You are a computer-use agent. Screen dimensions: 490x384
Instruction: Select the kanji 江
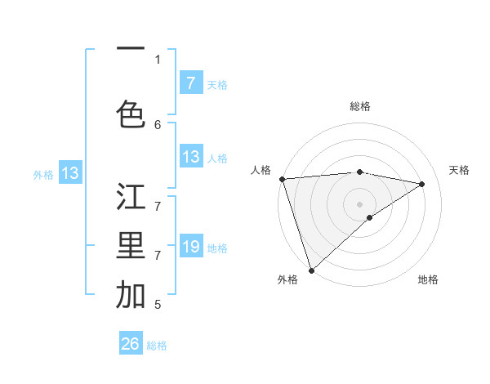131,197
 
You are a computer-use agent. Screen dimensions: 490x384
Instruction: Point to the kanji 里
131,246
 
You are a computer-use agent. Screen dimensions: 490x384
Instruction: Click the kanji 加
131,295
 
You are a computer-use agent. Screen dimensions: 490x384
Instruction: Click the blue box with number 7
190,83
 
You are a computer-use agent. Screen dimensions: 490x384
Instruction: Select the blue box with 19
190,247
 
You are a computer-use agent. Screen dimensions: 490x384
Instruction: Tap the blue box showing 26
131,344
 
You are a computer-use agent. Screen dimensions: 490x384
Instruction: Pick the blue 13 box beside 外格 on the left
70,173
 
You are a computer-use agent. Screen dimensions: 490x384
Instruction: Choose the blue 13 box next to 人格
190,157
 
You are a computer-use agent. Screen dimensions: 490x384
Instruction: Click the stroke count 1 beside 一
158,59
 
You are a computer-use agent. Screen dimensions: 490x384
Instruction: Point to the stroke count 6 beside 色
158,124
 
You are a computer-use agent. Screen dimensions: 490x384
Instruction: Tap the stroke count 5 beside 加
158,304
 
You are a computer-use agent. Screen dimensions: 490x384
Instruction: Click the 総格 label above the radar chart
360,106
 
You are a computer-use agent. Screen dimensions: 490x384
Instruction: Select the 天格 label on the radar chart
459,170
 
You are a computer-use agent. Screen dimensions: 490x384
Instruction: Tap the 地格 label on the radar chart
428,279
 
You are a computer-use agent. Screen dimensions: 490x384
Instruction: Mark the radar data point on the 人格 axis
282,179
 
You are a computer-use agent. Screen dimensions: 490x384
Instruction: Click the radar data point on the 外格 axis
311,270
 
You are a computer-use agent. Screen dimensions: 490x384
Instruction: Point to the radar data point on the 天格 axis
422,184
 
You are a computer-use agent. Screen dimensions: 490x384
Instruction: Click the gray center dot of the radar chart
360,203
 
